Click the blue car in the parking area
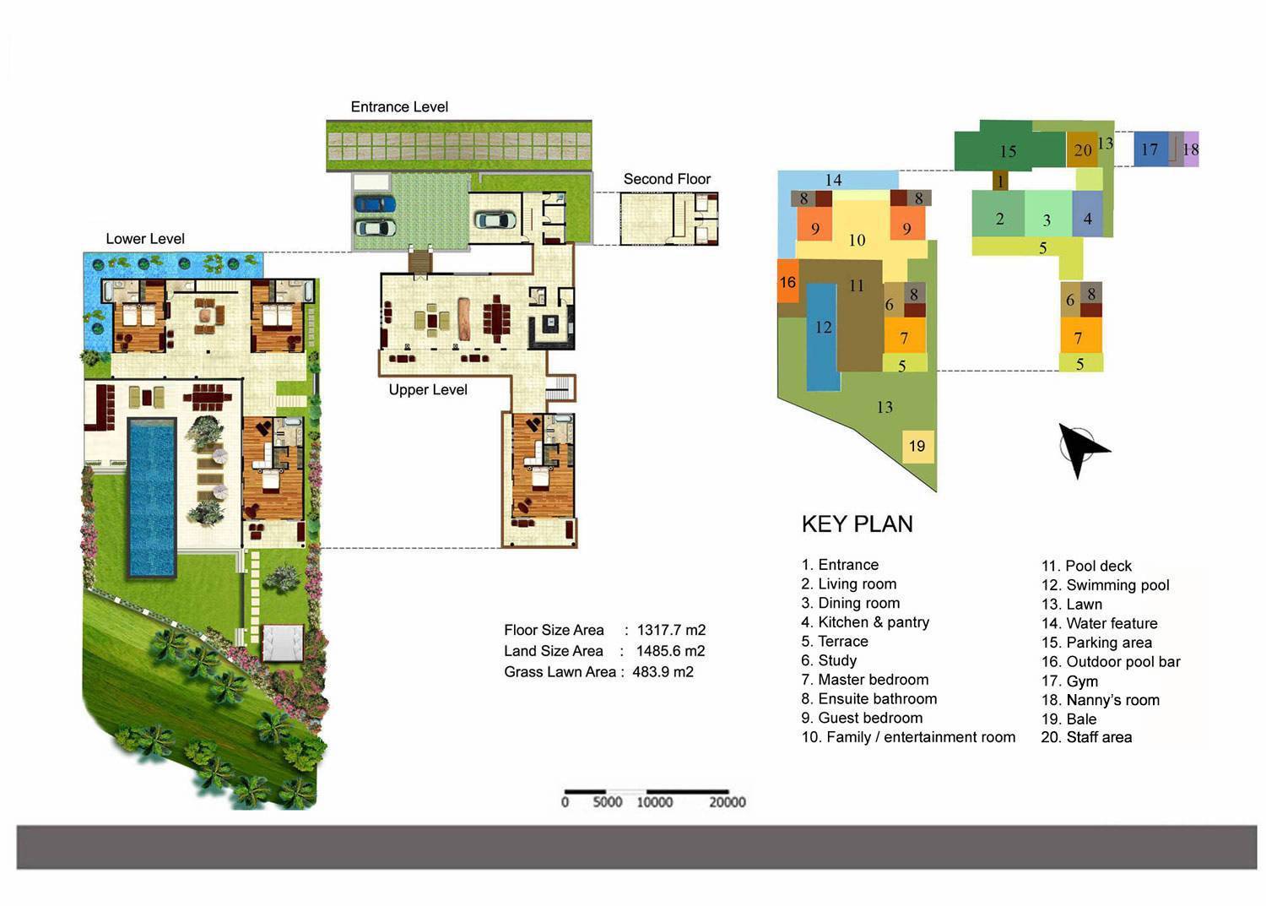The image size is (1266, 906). [375, 203]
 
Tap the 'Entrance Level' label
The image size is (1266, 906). [399, 107]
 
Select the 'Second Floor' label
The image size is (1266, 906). [667, 179]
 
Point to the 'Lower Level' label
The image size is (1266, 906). [145, 239]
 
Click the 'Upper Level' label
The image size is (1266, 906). [428, 390]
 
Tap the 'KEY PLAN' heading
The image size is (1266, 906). [857, 524]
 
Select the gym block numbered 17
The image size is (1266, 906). [1150, 149]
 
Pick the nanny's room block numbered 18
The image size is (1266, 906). [1190, 149]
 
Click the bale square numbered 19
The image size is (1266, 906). [917, 446]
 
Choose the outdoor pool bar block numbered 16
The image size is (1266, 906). [787, 282]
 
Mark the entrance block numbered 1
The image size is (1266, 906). [1000, 181]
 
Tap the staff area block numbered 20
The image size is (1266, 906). [1082, 150]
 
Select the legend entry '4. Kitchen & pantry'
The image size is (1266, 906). [865, 622]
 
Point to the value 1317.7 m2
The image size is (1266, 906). [671, 630]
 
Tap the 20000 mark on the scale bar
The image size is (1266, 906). [727, 802]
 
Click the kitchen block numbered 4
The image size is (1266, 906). [1087, 219]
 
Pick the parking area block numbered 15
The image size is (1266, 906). [1008, 151]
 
